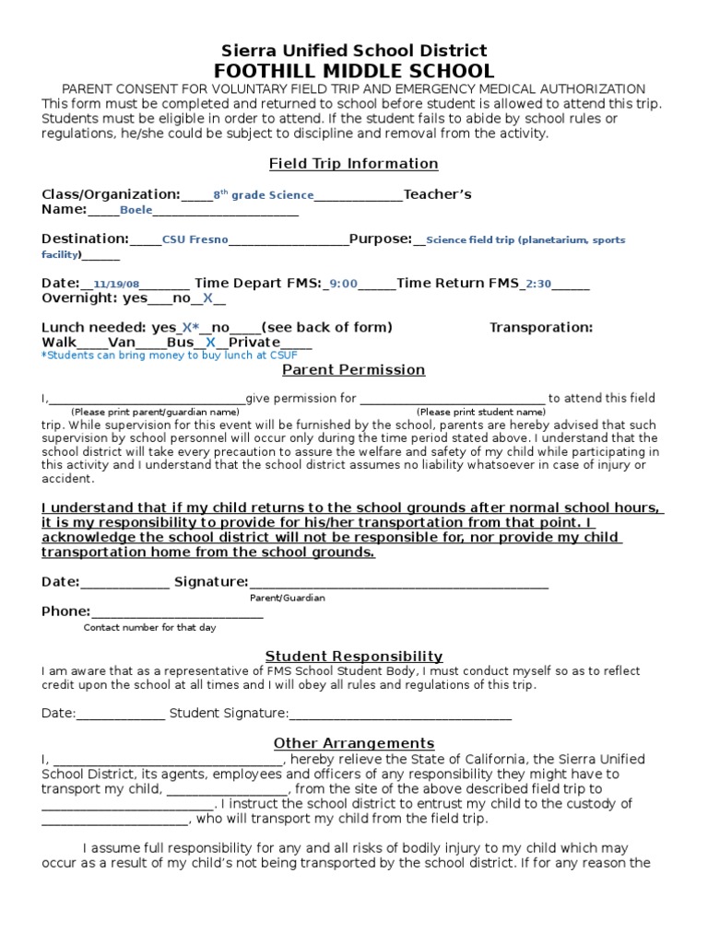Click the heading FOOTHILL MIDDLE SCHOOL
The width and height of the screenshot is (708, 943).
click(x=354, y=71)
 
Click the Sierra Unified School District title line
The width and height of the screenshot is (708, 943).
click(x=354, y=51)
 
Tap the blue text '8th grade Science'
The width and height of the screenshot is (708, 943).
click(x=264, y=195)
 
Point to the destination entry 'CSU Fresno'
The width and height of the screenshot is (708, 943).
click(x=194, y=239)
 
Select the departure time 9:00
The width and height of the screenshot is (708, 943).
click(x=343, y=285)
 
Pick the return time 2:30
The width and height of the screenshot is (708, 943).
click(x=537, y=285)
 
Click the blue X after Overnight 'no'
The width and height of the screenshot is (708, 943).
click(x=207, y=298)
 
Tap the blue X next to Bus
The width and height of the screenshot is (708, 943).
click(x=210, y=343)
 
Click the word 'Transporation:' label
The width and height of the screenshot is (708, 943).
click(x=540, y=328)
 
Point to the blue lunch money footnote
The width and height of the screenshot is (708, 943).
click(x=155, y=355)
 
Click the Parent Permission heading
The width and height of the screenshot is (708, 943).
click(x=353, y=370)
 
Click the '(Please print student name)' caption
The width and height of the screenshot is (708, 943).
click(x=480, y=412)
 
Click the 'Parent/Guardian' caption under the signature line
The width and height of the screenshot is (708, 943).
click(x=288, y=598)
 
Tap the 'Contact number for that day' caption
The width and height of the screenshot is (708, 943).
click(x=149, y=627)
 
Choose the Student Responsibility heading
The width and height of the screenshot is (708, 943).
click(x=354, y=657)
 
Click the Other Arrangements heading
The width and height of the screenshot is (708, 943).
click(x=354, y=743)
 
